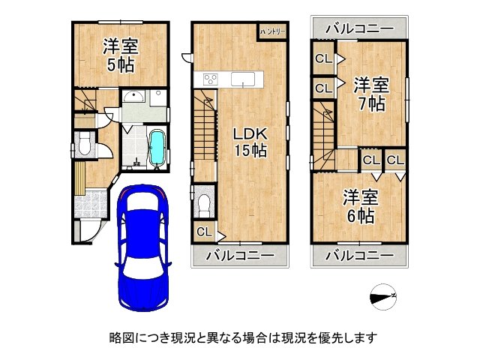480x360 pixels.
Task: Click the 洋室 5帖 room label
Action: [120, 55]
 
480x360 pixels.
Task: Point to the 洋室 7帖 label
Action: [370, 92]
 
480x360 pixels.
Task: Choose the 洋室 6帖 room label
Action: [360, 206]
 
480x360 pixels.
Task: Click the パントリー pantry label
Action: [271, 31]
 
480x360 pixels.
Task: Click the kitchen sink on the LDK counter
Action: [242, 79]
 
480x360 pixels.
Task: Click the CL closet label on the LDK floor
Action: [204, 232]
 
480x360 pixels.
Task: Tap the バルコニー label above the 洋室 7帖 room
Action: [360, 28]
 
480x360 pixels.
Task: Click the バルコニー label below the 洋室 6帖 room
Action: [360, 255]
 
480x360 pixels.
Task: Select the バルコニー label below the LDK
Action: [240, 255]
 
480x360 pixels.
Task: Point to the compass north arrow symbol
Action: [383, 297]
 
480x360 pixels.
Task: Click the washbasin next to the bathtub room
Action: [136, 97]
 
